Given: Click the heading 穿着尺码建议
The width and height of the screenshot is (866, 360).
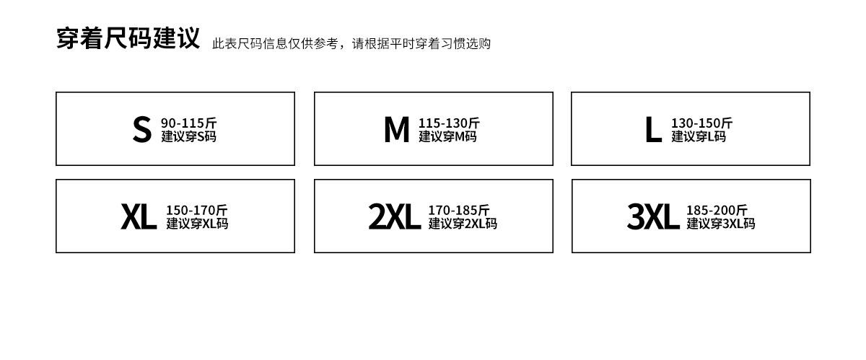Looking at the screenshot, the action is tap(128, 38).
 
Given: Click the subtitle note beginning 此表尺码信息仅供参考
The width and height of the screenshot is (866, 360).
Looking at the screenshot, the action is tap(351, 44).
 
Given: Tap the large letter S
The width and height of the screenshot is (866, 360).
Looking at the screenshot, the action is tap(141, 129).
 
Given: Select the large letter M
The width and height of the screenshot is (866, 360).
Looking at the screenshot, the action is tap(396, 129).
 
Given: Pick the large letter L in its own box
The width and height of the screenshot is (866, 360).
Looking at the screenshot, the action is tap(652, 130).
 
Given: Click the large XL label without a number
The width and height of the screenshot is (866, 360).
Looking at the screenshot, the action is tap(138, 216).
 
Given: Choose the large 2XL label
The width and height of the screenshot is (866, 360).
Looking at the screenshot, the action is tap(394, 216).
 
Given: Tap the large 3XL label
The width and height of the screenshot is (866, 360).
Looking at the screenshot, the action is tap(652, 216).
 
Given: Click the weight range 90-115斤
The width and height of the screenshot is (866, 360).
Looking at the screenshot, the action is tap(188, 123).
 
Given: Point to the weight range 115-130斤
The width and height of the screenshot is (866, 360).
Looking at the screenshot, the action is tap(449, 123).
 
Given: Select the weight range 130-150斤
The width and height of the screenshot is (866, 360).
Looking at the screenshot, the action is tap(701, 123).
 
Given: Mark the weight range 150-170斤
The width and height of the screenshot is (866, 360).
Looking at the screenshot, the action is tap(196, 210).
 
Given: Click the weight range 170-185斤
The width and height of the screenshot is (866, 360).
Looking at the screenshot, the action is tap(458, 210).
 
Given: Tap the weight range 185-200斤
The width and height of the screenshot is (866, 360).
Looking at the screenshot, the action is tap(717, 210).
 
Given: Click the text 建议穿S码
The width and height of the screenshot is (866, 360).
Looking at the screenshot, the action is tap(188, 136).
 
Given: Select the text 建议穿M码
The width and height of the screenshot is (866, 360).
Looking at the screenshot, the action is tap(447, 136).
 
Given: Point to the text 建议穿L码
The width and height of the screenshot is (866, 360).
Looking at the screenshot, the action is tap(699, 136).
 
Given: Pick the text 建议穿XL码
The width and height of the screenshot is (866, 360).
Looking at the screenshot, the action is tap(197, 224).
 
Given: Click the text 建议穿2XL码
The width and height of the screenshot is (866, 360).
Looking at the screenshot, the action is tap(463, 224).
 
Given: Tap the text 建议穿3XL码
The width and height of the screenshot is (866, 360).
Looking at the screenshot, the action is tap(720, 224).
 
